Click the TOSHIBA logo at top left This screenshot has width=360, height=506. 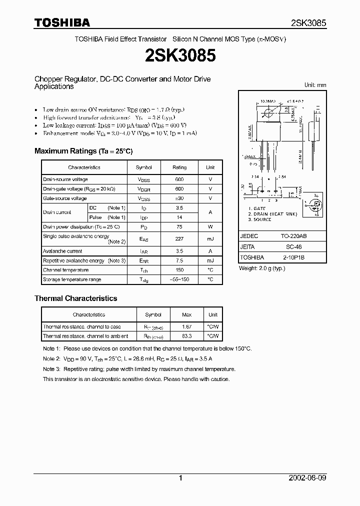(62, 22)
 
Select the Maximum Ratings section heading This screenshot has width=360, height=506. (83, 151)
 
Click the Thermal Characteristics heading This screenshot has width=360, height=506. (75, 298)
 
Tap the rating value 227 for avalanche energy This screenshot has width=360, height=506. (179, 239)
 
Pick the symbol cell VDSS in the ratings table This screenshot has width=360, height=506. (143, 179)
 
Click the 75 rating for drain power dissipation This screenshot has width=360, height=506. (179, 226)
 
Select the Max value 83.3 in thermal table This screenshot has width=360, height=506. (186, 336)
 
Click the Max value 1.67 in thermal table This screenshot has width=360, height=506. (186, 326)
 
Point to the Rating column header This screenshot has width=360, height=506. (179, 167)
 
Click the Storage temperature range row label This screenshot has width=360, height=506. (72, 279)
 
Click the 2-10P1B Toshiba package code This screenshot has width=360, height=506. (295, 258)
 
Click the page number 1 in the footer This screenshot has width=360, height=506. (180, 478)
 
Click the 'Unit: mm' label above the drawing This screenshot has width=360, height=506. (315, 85)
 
